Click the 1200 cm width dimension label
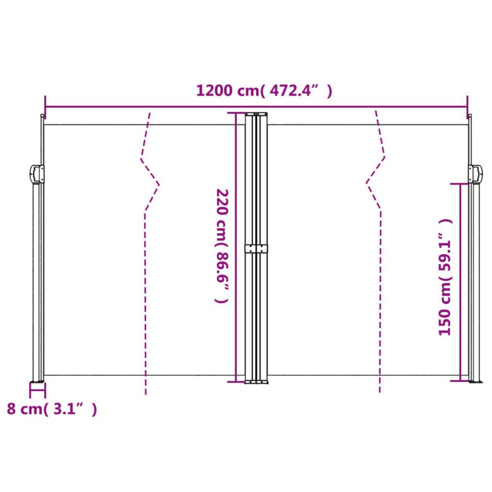264,91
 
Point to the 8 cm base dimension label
52,409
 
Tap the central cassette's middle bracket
256,248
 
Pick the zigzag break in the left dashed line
150,184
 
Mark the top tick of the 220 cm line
236,113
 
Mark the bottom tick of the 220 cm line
236,382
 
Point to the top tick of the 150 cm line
460,184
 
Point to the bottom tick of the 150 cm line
460,380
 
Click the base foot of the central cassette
256,382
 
